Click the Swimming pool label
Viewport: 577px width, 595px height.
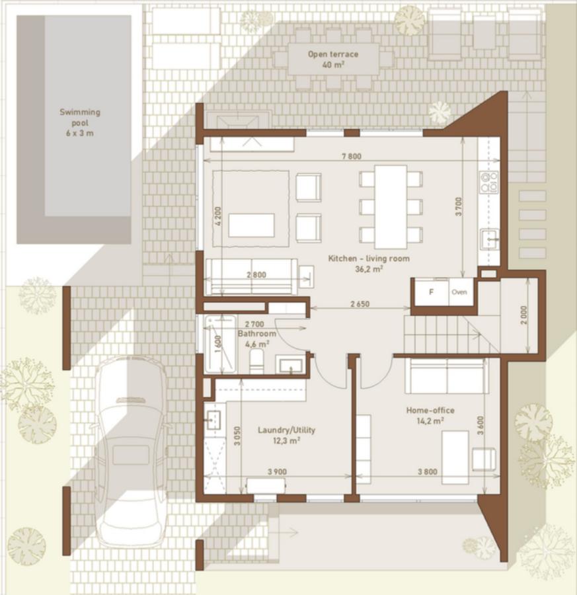(79, 122)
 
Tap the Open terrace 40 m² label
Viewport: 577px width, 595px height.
(333, 59)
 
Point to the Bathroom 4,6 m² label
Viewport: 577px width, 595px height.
(256, 338)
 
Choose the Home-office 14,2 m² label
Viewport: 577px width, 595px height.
(430, 415)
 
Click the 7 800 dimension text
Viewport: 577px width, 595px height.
(350, 157)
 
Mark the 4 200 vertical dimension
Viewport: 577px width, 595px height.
(218, 217)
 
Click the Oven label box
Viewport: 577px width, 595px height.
(460, 292)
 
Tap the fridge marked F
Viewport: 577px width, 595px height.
(431, 292)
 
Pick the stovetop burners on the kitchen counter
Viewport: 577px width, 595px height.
(489, 182)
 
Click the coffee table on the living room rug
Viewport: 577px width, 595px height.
(251, 225)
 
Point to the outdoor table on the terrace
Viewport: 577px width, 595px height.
(334, 59)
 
